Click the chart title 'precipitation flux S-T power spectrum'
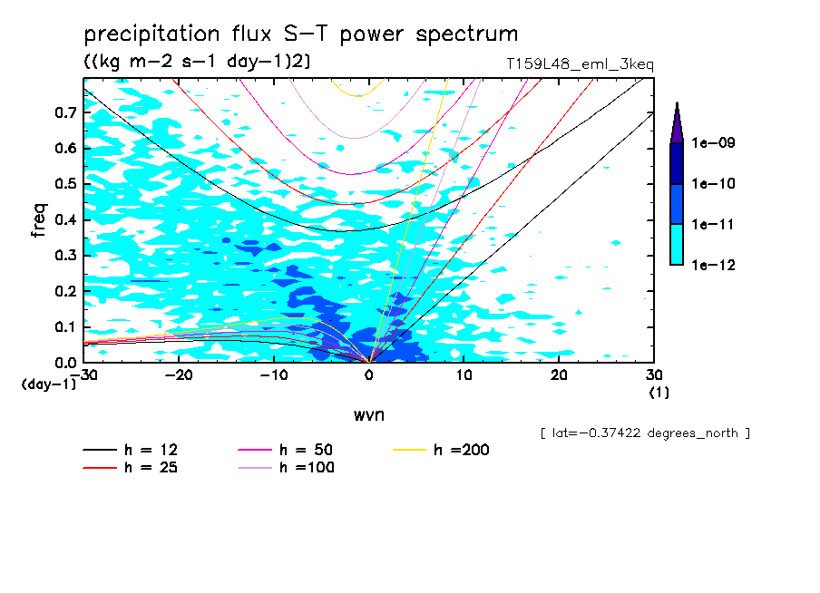pyautogui.click(x=300, y=34)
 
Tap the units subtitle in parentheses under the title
pyautogui.click(x=198, y=62)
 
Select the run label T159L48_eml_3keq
pyautogui.click(x=580, y=64)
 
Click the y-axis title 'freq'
pyautogui.click(x=38, y=219)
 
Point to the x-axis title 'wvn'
pyautogui.click(x=368, y=415)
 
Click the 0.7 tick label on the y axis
pyautogui.click(x=63, y=112)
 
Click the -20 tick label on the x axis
pyautogui.click(x=179, y=374)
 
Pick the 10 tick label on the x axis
pyautogui.click(x=464, y=374)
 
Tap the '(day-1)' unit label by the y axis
pyautogui.click(x=49, y=384)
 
